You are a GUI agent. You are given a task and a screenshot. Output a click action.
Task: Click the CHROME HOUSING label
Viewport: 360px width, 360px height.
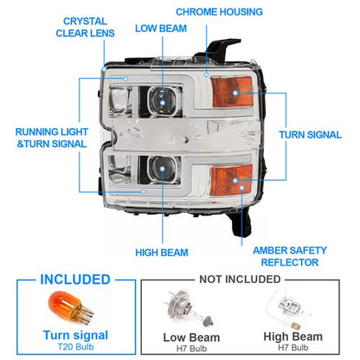[219, 12]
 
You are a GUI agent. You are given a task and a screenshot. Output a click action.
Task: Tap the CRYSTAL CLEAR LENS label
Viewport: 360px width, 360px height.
[85, 27]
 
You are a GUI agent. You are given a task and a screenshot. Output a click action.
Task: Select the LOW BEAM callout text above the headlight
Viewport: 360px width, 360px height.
[161, 29]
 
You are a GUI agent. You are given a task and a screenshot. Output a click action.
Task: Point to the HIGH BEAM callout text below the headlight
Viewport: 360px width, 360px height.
[162, 253]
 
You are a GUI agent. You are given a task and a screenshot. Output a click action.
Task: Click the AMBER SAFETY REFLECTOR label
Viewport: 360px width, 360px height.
[290, 256]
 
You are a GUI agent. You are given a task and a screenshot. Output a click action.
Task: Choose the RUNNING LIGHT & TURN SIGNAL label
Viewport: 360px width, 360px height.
[51, 138]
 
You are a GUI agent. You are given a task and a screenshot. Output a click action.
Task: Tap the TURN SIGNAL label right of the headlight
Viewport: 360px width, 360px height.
[310, 135]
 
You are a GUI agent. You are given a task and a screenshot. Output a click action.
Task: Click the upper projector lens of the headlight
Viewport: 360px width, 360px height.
[162, 101]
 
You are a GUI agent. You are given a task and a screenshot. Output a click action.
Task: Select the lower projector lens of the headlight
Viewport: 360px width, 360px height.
[162, 170]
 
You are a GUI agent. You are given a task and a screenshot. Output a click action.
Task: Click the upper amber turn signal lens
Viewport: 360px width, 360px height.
[232, 92]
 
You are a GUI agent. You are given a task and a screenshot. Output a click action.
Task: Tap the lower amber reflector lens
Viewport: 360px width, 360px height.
[231, 180]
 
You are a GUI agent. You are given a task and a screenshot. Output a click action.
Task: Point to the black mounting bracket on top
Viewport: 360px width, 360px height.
[218, 49]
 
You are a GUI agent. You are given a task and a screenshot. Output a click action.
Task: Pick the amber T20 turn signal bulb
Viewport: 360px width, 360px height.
[71, 309]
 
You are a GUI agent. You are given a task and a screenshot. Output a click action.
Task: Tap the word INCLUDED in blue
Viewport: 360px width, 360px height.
[75, 280]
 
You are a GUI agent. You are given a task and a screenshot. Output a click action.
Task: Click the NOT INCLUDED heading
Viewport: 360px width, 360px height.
[240, 279]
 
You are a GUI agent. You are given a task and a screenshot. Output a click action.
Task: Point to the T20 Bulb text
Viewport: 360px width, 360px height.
[75, 346]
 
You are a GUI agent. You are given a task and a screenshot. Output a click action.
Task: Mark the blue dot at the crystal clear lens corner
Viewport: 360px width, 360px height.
[104, 68]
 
